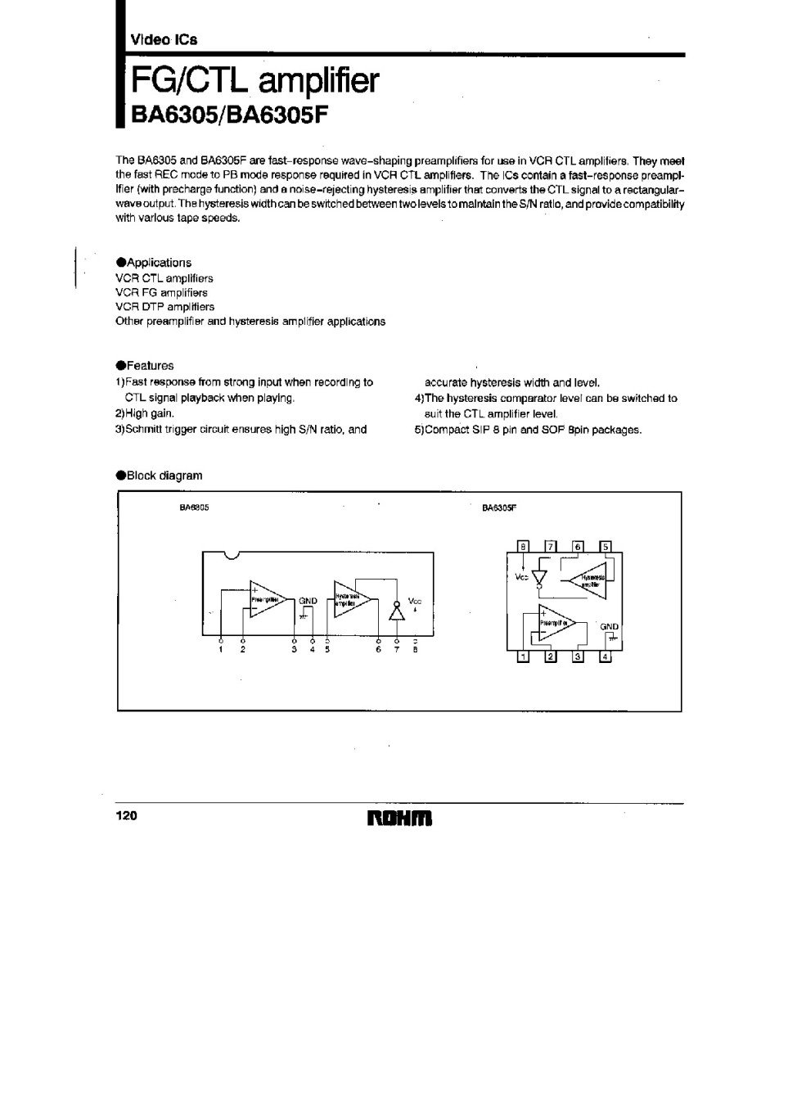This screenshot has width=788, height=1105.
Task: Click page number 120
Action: point(126,816)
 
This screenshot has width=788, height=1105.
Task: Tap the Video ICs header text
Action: point(163,39)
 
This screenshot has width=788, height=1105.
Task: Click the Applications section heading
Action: point(154,263)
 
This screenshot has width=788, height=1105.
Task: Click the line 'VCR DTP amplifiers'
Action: point(164,307)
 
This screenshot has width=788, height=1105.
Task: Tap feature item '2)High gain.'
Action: point(144,413)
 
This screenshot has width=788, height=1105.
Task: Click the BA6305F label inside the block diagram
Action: point(499,508)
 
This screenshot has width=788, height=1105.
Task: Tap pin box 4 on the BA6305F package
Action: point(606,656)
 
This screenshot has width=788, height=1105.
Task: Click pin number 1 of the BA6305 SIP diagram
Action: point(220,650)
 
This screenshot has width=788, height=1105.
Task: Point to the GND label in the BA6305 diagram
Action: point(308,601)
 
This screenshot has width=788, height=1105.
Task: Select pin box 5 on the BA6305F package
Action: point(606,547)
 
